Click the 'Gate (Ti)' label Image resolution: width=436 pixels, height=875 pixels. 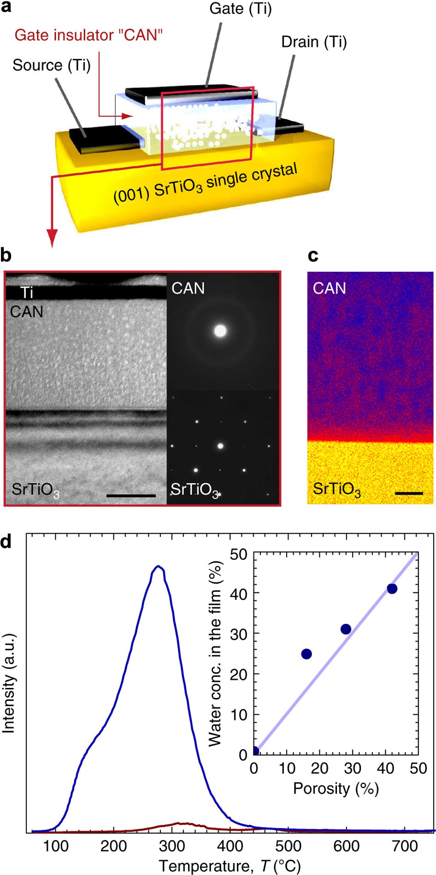pyautogui.click(x=240, y=9)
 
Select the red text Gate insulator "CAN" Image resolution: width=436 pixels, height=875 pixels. pyautogui.click(x=88, y=35)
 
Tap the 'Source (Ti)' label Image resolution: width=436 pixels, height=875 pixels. pyautogui.click(x=52, y=65)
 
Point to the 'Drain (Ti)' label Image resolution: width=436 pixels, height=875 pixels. pyautogui.click(x=314, y=42)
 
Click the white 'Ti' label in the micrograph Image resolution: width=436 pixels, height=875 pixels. pyautogui.click(x=27, y=293)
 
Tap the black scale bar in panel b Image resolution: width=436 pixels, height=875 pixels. pyautogui.click(x=131, y=496)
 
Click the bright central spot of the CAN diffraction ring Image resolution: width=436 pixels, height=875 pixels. pyautogui.click(x=220, y=331)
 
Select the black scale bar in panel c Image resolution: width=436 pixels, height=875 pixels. pyautogui.click(x=409, y=493)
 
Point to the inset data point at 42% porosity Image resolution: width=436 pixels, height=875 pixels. pyautogui.click(x=392, y=588)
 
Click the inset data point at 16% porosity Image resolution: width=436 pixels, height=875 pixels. pyautogui.click(x=306, y=654)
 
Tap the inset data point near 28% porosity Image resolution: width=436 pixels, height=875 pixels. pyautogui.click(x=346, y=629)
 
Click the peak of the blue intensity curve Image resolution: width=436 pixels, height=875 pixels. pyautogui.click(x=159, y=566)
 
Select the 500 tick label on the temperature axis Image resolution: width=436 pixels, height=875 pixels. pyautogui.click(x=288, y=846)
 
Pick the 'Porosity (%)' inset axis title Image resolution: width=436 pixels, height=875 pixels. pyautogui.click(x=336, y=788)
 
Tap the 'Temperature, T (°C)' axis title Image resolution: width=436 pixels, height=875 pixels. pyautogui.click(x=230, y=865)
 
